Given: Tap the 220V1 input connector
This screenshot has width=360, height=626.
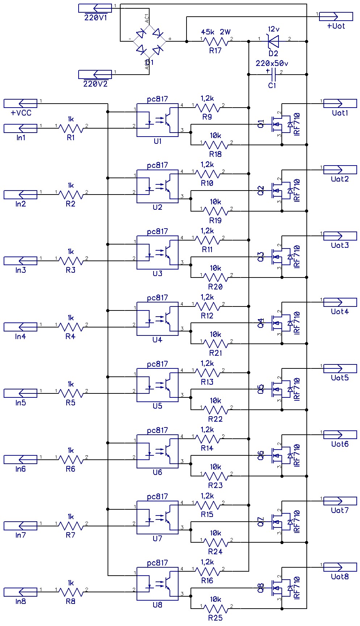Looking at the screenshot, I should click(95, 8).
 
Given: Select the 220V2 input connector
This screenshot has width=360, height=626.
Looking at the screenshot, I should click(95, 74).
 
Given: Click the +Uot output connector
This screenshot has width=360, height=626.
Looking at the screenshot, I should click(336, 16).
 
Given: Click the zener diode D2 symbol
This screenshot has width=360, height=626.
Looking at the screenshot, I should click(273, 41).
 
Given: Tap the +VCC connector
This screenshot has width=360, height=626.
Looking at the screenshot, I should click(21, 103).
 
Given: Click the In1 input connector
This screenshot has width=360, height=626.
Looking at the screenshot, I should click(21, 128).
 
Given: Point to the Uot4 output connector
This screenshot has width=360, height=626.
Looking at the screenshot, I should click(340, 302).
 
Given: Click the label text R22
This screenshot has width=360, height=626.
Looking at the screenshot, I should click(215, 419).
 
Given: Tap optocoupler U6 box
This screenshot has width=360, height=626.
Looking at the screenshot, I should click(158, 451).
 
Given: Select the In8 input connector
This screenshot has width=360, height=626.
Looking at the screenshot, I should click(21, 592).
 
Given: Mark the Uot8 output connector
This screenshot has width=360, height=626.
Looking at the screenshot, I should click(340, 567).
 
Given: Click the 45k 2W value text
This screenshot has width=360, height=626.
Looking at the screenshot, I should click(215, 32).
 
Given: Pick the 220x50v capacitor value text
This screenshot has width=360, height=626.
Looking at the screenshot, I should click(272, 63).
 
